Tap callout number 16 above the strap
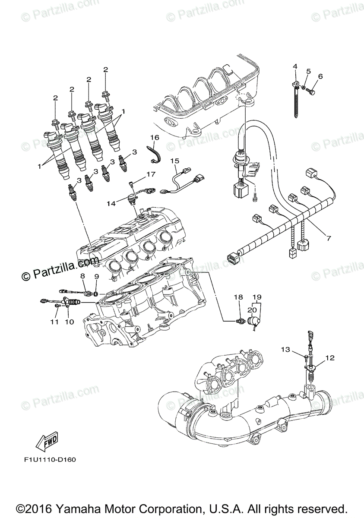(x=154, y=137)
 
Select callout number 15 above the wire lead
(x=174, y=161)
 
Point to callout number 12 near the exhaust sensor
(x=329, y=357)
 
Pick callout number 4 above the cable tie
(x=295, y=66)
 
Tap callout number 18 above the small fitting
(x=239, y=297)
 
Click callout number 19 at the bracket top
(x=257, y=297)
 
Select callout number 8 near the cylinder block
(x=82, y=275)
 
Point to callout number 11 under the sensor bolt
(x=54, y=322)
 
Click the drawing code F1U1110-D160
(x=50, y=459)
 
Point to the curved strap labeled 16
(x=154, y=154)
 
